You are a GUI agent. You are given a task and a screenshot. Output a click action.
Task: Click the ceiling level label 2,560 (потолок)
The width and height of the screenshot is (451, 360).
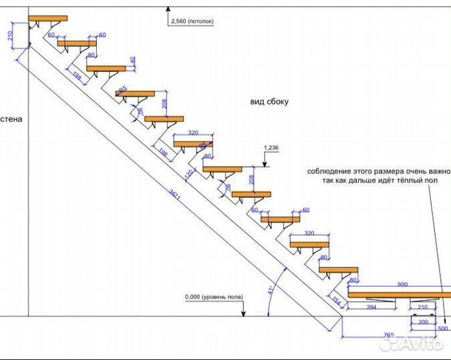(x=192, y=21)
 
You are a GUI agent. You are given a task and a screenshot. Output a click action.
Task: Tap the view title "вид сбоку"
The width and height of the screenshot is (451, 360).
(x=269, y=102)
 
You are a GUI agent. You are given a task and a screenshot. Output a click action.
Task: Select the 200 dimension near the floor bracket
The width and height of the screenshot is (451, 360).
(x=422, y=321)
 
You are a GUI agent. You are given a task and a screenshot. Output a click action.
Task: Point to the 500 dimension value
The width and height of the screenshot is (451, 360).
(x=443, y=329)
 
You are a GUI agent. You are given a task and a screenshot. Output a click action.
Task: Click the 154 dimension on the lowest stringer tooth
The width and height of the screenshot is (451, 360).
(x=336, y=302)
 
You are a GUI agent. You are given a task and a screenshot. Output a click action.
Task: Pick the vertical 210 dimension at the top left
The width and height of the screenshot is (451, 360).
(x=10, y=37)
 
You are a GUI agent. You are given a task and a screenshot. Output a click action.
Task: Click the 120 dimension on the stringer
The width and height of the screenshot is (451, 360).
(x=189, y=175)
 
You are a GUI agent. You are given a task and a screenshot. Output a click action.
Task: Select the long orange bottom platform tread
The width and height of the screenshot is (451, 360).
(x=400, y=294)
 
